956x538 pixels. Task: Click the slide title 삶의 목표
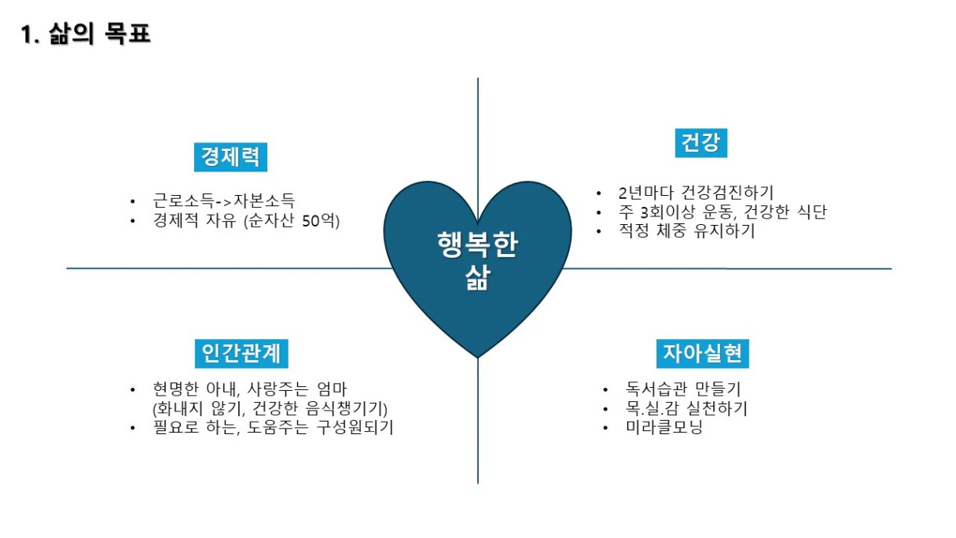(99, 34)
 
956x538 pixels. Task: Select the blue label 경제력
(230, 157)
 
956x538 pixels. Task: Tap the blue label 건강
(700, 143)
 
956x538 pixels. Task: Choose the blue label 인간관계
(241, 353)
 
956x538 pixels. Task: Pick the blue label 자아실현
(703, 353)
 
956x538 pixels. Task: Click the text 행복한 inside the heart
(477, 245)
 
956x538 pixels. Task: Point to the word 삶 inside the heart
(477, 277)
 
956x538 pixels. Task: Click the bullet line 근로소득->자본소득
(224, 201)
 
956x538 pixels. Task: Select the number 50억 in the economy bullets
(318, 221)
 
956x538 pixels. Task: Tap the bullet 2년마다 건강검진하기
(696, 193)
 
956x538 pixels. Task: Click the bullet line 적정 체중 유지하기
(686, 231)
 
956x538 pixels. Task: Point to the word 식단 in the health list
(812, 212)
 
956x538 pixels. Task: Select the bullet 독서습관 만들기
(683, 389)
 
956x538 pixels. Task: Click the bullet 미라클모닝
(664, 427)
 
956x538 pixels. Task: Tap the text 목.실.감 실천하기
(686, 408)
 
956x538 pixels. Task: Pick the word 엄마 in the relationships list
(332, 389)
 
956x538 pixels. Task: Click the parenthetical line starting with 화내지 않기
(270, 409)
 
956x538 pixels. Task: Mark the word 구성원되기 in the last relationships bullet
(355, 427)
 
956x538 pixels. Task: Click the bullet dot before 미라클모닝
(605, 427)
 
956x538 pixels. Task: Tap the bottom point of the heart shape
(478, 358)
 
